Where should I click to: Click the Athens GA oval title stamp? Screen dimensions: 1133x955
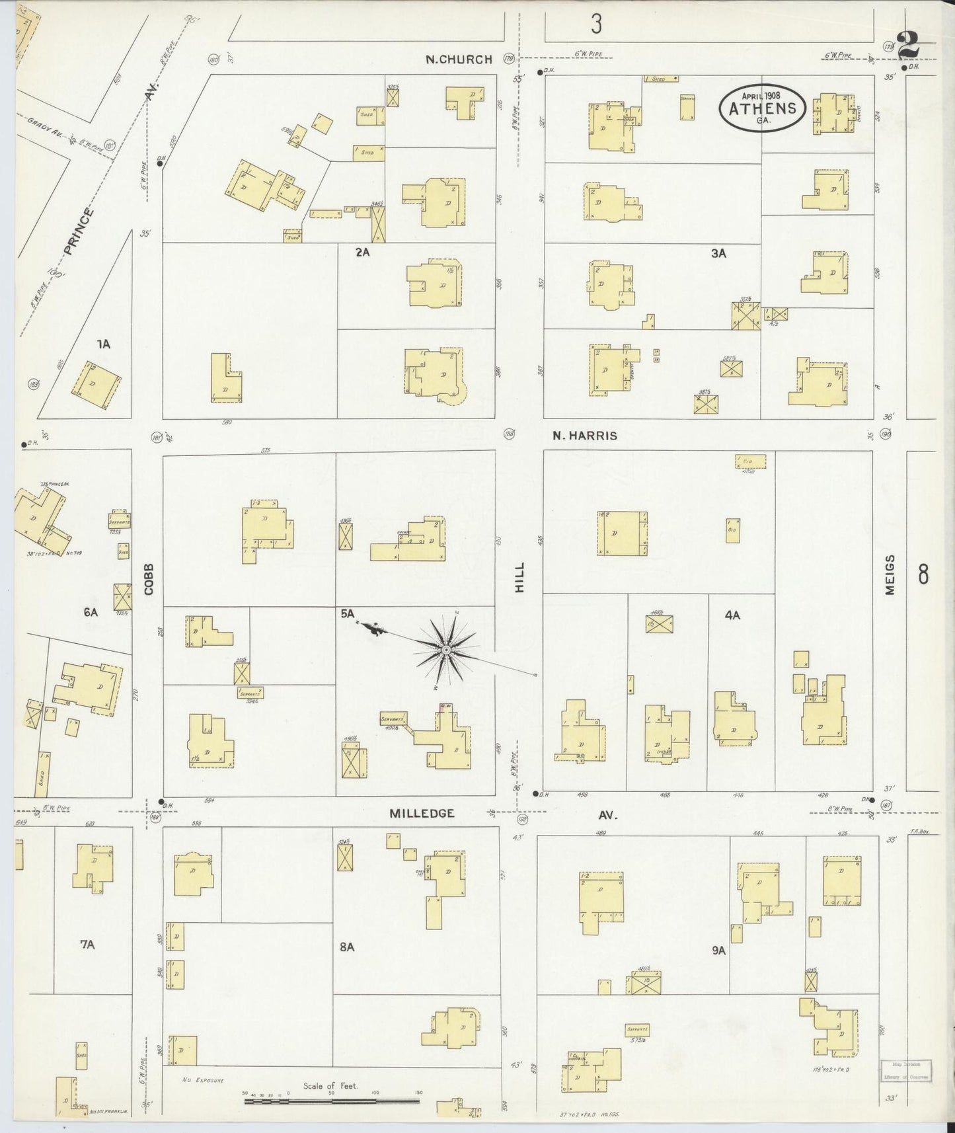(762, 108)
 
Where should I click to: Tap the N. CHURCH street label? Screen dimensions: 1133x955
(459, 59)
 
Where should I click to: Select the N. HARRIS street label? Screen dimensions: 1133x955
(585, 436)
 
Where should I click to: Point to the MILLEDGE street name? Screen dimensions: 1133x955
(422, 813)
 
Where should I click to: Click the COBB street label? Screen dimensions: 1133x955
(149, 579)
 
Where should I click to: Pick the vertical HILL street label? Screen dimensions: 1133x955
(519, 577)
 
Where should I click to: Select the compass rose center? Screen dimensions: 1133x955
(447, 651)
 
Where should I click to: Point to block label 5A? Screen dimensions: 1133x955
(348, 614)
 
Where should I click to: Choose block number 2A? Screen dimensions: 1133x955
(362, 252)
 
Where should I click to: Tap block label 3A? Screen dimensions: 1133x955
(718, 253)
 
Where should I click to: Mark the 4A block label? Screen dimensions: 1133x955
(732, 615)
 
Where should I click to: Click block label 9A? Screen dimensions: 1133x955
(719, 951)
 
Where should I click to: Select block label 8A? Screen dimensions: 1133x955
(347, 947)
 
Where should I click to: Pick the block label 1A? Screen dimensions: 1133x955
(103, 344)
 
